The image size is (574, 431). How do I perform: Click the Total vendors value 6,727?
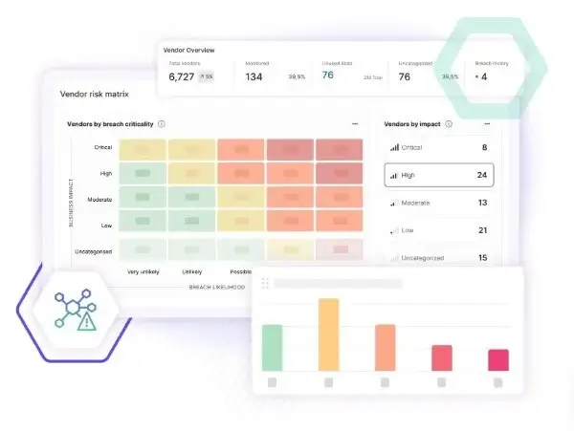pyautogui.click(x=182, y=76)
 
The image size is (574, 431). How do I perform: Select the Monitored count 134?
pyautogui.click(x=254, y=76)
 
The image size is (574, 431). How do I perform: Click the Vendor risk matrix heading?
pyautogui.click(x=94, y=95)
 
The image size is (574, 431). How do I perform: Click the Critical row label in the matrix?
pyautogui.click(x=103, y=147)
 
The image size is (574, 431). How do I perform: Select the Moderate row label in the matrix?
pyautogui.click(x=99, y=199)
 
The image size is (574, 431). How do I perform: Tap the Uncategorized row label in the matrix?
pyautogui.click(x=94, y=251)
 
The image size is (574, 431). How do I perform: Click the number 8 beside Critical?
pyautogui.click(x=484, y=147)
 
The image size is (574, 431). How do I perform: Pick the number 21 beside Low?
pyautogui.click(x=482, y=230)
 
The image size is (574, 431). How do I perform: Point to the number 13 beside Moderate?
pyautogui.click(x=482, y=203)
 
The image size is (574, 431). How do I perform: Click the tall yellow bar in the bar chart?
pyautogui.click(x=328, y=334)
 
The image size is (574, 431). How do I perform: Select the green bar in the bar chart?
pyautogui.click(x=272, y=347)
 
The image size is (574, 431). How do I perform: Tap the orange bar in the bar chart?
pyautogui.click(x=385, y=347)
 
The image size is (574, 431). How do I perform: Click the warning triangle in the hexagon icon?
pyautogui.click(x=87, y=322)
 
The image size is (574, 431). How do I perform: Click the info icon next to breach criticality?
pyautogui.click(x=161, y=124)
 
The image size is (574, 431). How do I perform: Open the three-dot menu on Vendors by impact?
pyautogui.click(x=487, y=124)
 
